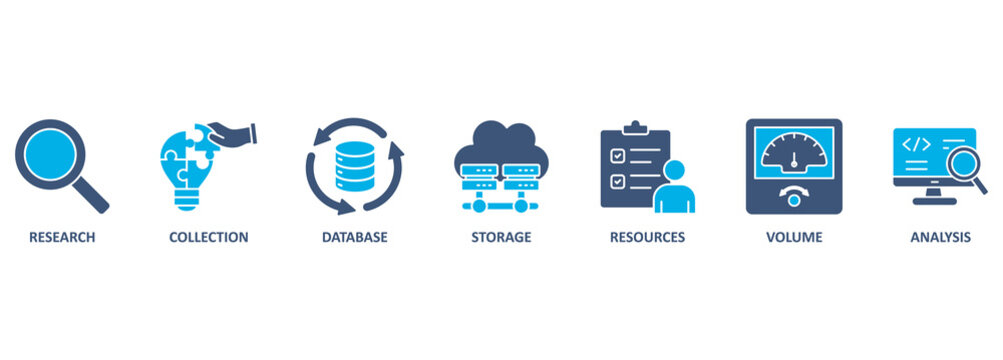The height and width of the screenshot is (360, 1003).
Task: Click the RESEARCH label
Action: [x=62, y=238]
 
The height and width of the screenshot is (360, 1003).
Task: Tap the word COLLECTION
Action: [x=208, y=238]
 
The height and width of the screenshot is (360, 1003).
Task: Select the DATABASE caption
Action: [x=354, y=238]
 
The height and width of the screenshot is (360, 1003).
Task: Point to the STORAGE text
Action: [x=501, y=238]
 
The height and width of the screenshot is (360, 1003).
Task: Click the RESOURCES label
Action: [x=647, y=238]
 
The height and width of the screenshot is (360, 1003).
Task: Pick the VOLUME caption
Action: [x=794, y=238]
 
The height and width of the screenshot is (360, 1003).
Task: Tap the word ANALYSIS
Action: [x=940, y=238]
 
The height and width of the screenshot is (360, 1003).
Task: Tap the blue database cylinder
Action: [x=354, y=165]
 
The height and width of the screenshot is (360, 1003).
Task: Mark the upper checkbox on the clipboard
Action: [x=618, y=156]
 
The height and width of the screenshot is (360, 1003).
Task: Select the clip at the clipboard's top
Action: [x=633, y=128]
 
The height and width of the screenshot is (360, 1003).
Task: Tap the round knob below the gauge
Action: [x=794, y=200]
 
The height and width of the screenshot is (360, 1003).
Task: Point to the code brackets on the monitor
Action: [x=917, y=144]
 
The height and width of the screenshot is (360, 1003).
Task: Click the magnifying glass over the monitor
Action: [x=965, y=161]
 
